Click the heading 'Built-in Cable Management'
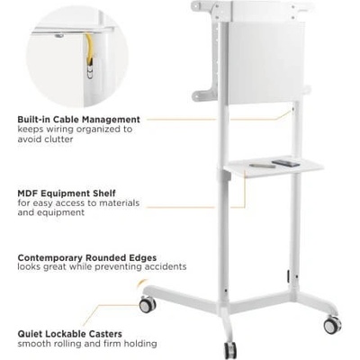tap(78, 120)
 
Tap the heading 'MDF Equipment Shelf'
tap(67, 193)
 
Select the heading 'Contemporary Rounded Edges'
tap(87, 257)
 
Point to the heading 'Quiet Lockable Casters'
tap(69, 334)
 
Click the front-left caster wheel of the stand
tap(148, 305)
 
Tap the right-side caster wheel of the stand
tap(332, 324)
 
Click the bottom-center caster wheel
tap(230, 350)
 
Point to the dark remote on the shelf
tap(285, 163)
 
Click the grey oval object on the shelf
tap(263, 166)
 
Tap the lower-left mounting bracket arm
tap(204, 94)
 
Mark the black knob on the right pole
tap(288, 276)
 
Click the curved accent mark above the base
tap(142, 283)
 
